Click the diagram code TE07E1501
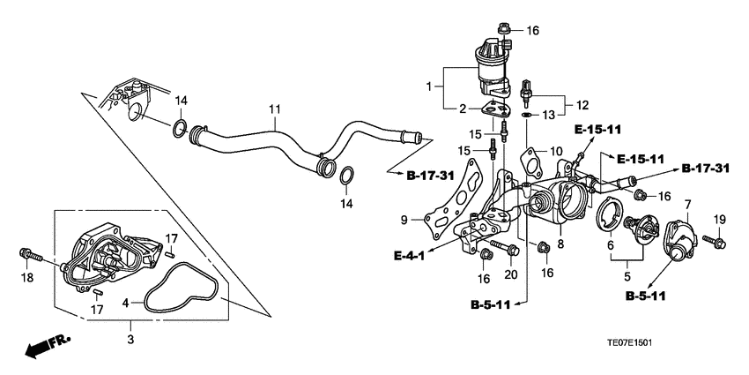629,343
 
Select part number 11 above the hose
275,109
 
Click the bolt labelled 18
31,257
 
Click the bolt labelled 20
504,247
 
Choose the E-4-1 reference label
410,257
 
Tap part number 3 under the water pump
130,340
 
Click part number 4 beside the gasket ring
126,303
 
